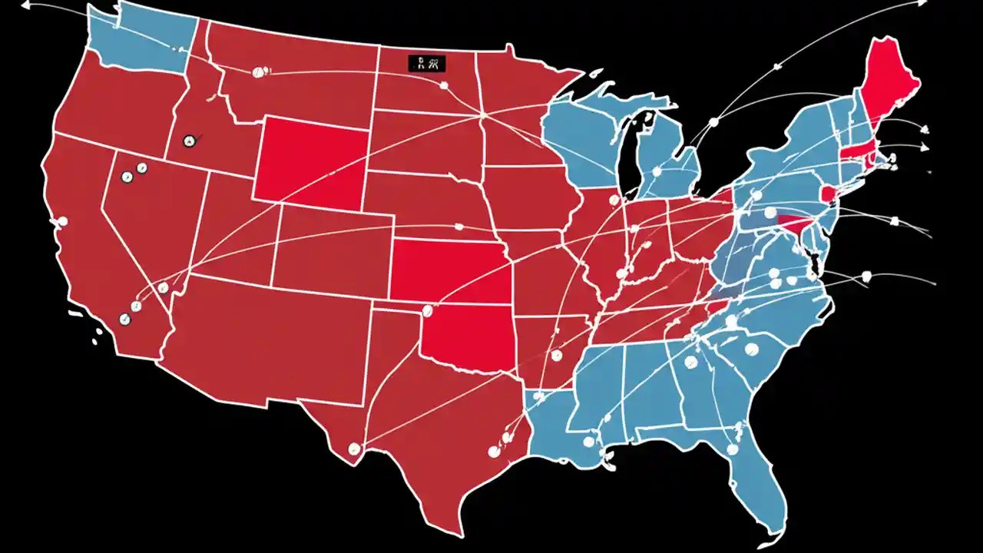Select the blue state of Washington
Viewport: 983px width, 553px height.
[138, 38]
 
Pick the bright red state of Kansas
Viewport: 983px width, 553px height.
[449, 269]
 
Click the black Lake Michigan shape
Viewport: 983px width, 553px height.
[635, 154]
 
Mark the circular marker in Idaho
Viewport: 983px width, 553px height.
[189, 141]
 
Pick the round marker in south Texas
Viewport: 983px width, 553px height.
[354, 449]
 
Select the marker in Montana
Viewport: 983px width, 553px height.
[258, 72]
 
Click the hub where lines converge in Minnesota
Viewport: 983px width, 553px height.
[482, 115]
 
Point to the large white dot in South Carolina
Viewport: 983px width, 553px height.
[751, 349]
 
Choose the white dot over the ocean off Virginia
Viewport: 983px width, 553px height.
[866, 276]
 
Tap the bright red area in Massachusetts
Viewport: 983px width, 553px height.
[852, 152]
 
